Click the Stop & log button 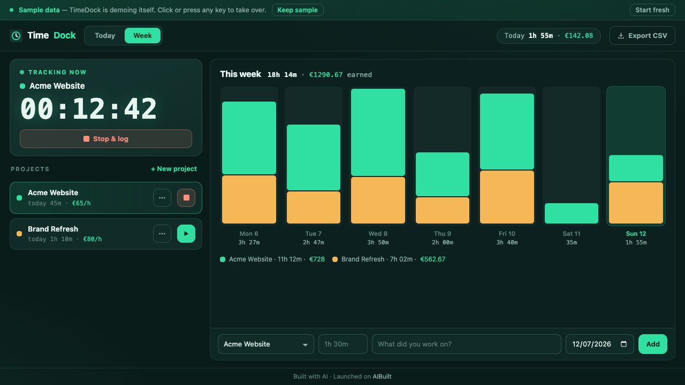point(106,138)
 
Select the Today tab point(105,35)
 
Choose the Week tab point(142,35)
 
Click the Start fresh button point(652,10)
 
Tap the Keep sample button point(298,10)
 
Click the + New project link point(174,168)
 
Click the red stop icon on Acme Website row point(186,198)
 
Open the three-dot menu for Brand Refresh point(162,234)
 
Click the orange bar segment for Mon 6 point(249,199)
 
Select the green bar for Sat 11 point(572,213)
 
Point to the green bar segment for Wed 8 point(378,132)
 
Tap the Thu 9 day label point(443,234)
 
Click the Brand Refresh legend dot point(335,259)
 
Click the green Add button point(652,344)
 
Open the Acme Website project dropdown point(266,344)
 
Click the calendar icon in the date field point(624,344)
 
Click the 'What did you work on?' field point(466,344)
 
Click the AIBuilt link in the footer point(382,376)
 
